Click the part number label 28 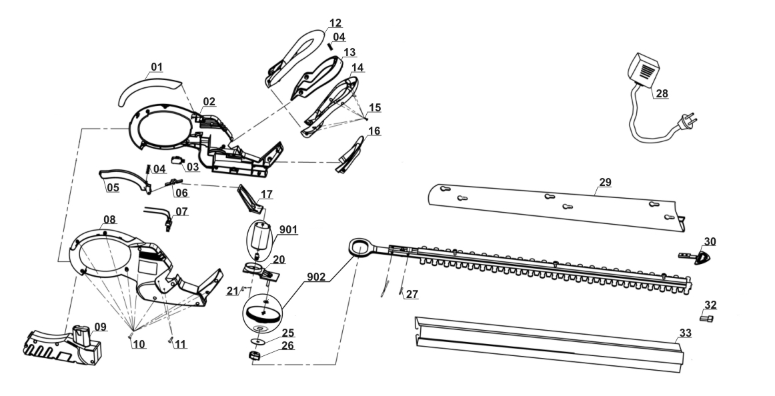(661, 93)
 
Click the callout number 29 (605, 182)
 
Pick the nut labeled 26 (254, 355)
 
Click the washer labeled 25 (256, 341)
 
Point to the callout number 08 (109, 219)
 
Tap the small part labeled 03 (177, 160)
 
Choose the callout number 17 (266, 194)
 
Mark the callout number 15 (375, 107)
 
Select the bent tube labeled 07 (157, 215)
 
